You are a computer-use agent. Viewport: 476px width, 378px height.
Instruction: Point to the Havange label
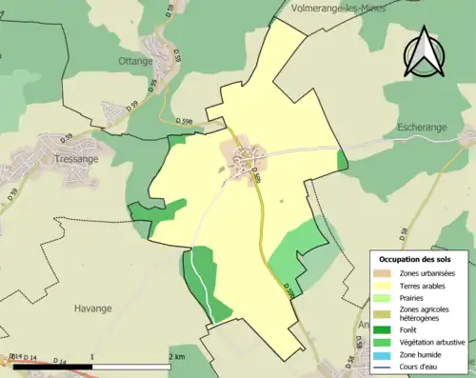[x=93, y=308]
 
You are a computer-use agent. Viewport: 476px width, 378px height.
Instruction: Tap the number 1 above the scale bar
[x=92, y=356]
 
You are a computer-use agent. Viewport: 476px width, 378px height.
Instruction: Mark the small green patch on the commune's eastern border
[x=343, y=160]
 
